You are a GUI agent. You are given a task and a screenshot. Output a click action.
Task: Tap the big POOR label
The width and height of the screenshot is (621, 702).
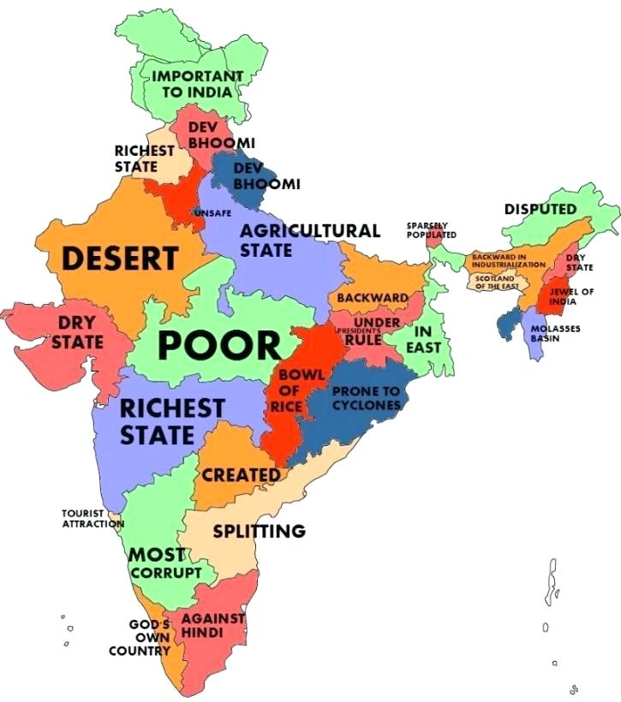(x=220, y=345)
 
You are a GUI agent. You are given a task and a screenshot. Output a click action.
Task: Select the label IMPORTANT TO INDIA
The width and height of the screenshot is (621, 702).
(x=197, y=83)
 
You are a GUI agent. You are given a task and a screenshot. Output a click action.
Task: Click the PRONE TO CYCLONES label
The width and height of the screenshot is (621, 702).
(x=366, y=397)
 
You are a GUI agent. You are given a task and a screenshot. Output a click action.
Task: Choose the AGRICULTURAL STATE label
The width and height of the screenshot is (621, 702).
(x=308, y=241)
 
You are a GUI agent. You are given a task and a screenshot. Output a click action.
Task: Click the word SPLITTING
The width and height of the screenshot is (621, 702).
(x=259, y=531)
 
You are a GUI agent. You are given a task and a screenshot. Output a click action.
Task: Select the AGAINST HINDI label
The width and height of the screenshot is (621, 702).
(x=213, y=625)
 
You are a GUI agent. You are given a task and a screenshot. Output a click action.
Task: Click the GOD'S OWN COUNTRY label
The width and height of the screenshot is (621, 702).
(x=141, y=638)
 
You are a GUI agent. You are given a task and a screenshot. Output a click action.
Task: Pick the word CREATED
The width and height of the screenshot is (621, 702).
(x=241, y=474)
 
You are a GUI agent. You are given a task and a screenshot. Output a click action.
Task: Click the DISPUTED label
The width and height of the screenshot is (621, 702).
(x=540, y=209)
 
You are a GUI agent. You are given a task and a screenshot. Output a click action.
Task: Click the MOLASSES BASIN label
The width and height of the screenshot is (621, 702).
(x=544, y=333)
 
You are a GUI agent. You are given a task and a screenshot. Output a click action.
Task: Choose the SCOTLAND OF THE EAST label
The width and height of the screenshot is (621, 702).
(x=494, y=283)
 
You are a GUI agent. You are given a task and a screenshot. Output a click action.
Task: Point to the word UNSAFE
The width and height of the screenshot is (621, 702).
(x=212, y=211)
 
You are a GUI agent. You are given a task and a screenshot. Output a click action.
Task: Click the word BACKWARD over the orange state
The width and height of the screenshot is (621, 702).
(x=372, y=298)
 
